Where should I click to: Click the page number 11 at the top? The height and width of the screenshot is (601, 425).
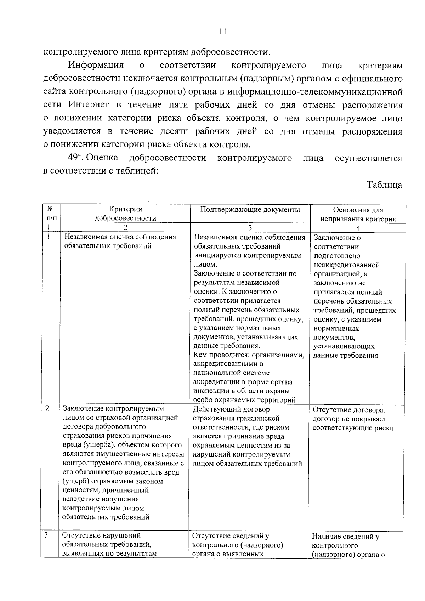pyautogui.click(x=222, y=32)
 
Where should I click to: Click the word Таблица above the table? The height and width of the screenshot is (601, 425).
pyautogui.click(x=384, y=185)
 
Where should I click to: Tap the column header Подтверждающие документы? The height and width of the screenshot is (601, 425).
pyautogui.click(x=250, y=210)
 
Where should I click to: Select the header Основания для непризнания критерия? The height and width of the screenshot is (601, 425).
pyautogui.click(x=358, y=214)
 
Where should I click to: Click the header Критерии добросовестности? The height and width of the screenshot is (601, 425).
pyautogui.click(x=125, y=214)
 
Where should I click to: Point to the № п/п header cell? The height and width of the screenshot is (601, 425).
pyautogui.click(x=51, y=214)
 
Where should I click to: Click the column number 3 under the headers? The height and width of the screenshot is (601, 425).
pyautogui.click(x=250, y=228)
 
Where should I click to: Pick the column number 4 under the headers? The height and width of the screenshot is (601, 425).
pyautogui.click(x=358, y=228)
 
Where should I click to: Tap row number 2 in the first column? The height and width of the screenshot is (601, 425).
pyautogui.click(x=47, y=408)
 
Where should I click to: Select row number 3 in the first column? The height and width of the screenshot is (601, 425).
pyautogui.click(x=46, y=535)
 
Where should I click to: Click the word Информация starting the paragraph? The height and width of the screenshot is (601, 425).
pyautogui.click(x=96, y=66)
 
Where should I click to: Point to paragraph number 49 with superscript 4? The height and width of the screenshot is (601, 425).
pyautogui.click(x=75, y=158)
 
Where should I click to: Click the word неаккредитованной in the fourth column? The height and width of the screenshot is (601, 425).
pyautogui.click(x=347, y=265)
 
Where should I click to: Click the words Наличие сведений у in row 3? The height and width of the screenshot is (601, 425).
pyautogui.click(x=346, y=537)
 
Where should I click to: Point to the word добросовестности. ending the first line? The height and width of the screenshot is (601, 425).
pyautogui.click(x=230, y=52)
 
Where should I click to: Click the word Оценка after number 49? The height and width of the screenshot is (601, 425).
pyautogui.click(x=102, y=158)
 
